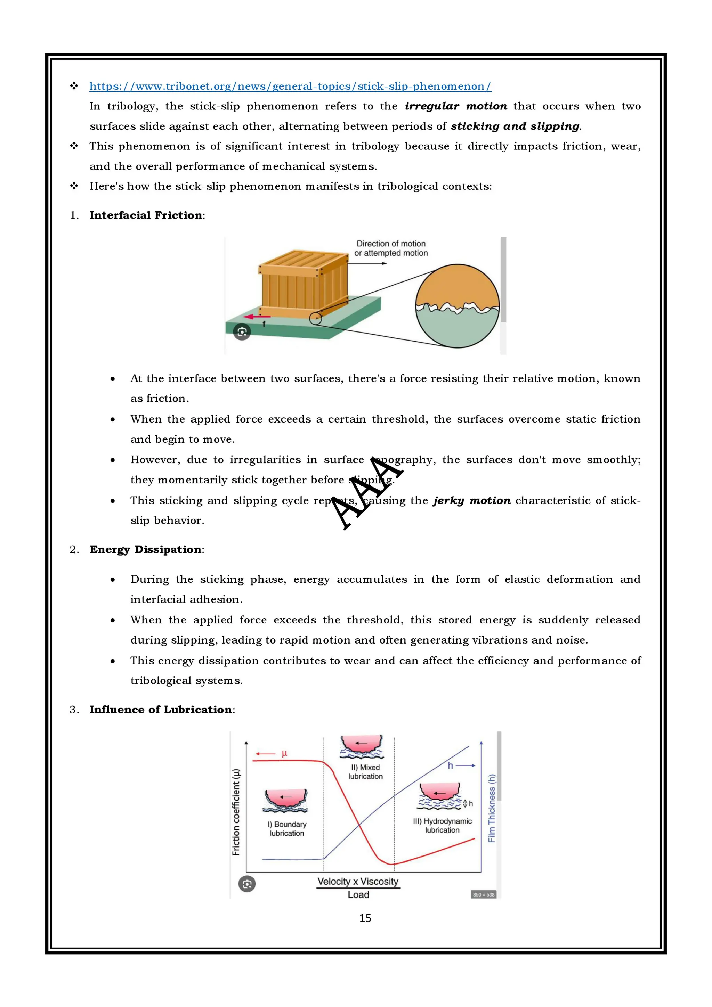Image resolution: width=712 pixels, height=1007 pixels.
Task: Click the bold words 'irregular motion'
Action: (456, 106)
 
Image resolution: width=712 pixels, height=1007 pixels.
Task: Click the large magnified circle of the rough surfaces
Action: (457, 306)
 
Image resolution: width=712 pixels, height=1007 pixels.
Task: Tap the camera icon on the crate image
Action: (242, 332)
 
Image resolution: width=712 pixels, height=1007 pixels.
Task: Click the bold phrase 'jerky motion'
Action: (472, 500)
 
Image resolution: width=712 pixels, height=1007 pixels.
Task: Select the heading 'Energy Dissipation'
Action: (146, 550)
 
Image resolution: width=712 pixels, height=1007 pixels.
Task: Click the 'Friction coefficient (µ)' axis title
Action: (236, 812)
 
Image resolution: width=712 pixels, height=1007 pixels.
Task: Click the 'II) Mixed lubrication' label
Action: (365, 772)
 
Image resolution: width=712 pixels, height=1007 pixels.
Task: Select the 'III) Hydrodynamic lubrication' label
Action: (442, 825)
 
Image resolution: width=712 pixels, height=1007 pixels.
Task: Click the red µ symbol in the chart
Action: (284, 753)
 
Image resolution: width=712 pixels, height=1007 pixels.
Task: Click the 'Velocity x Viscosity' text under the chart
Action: (358, 881)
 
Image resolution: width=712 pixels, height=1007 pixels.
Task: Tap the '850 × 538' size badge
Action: (484, 895)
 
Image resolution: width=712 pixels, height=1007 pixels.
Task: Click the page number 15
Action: (365, 918)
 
